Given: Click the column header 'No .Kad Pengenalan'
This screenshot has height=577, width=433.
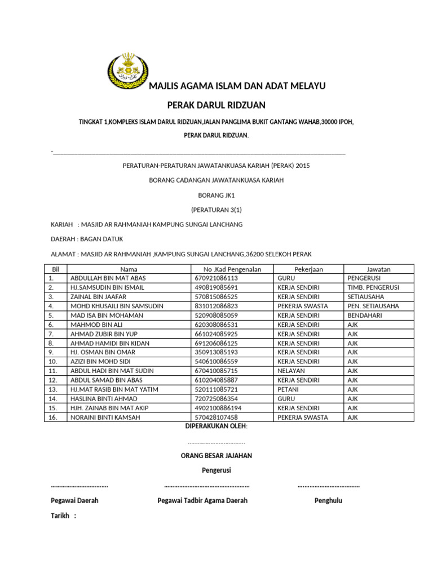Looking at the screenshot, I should click(228, 269).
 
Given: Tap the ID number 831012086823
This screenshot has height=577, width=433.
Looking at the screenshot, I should click(216, 306).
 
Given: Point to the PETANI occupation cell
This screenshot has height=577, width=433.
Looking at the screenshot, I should click(288, 390).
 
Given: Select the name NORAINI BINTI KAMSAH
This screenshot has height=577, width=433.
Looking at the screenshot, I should click(105, 418).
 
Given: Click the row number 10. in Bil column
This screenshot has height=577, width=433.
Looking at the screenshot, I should click(53, 362).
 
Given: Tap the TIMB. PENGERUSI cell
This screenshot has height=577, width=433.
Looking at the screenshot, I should click(373, 287).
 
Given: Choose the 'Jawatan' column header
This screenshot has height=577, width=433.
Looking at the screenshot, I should click(378, 269).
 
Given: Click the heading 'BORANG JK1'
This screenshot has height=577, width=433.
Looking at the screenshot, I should click(216, 195).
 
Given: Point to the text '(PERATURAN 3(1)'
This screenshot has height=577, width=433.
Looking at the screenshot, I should click(216, 210).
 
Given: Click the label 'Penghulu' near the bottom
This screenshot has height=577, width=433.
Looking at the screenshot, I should click(328, 500).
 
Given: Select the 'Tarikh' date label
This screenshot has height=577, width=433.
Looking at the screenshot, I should click(63, 516).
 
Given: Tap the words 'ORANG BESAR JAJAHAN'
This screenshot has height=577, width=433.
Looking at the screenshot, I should click(216, 455).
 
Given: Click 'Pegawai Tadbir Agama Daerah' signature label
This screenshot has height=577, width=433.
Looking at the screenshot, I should click(202, 500).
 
